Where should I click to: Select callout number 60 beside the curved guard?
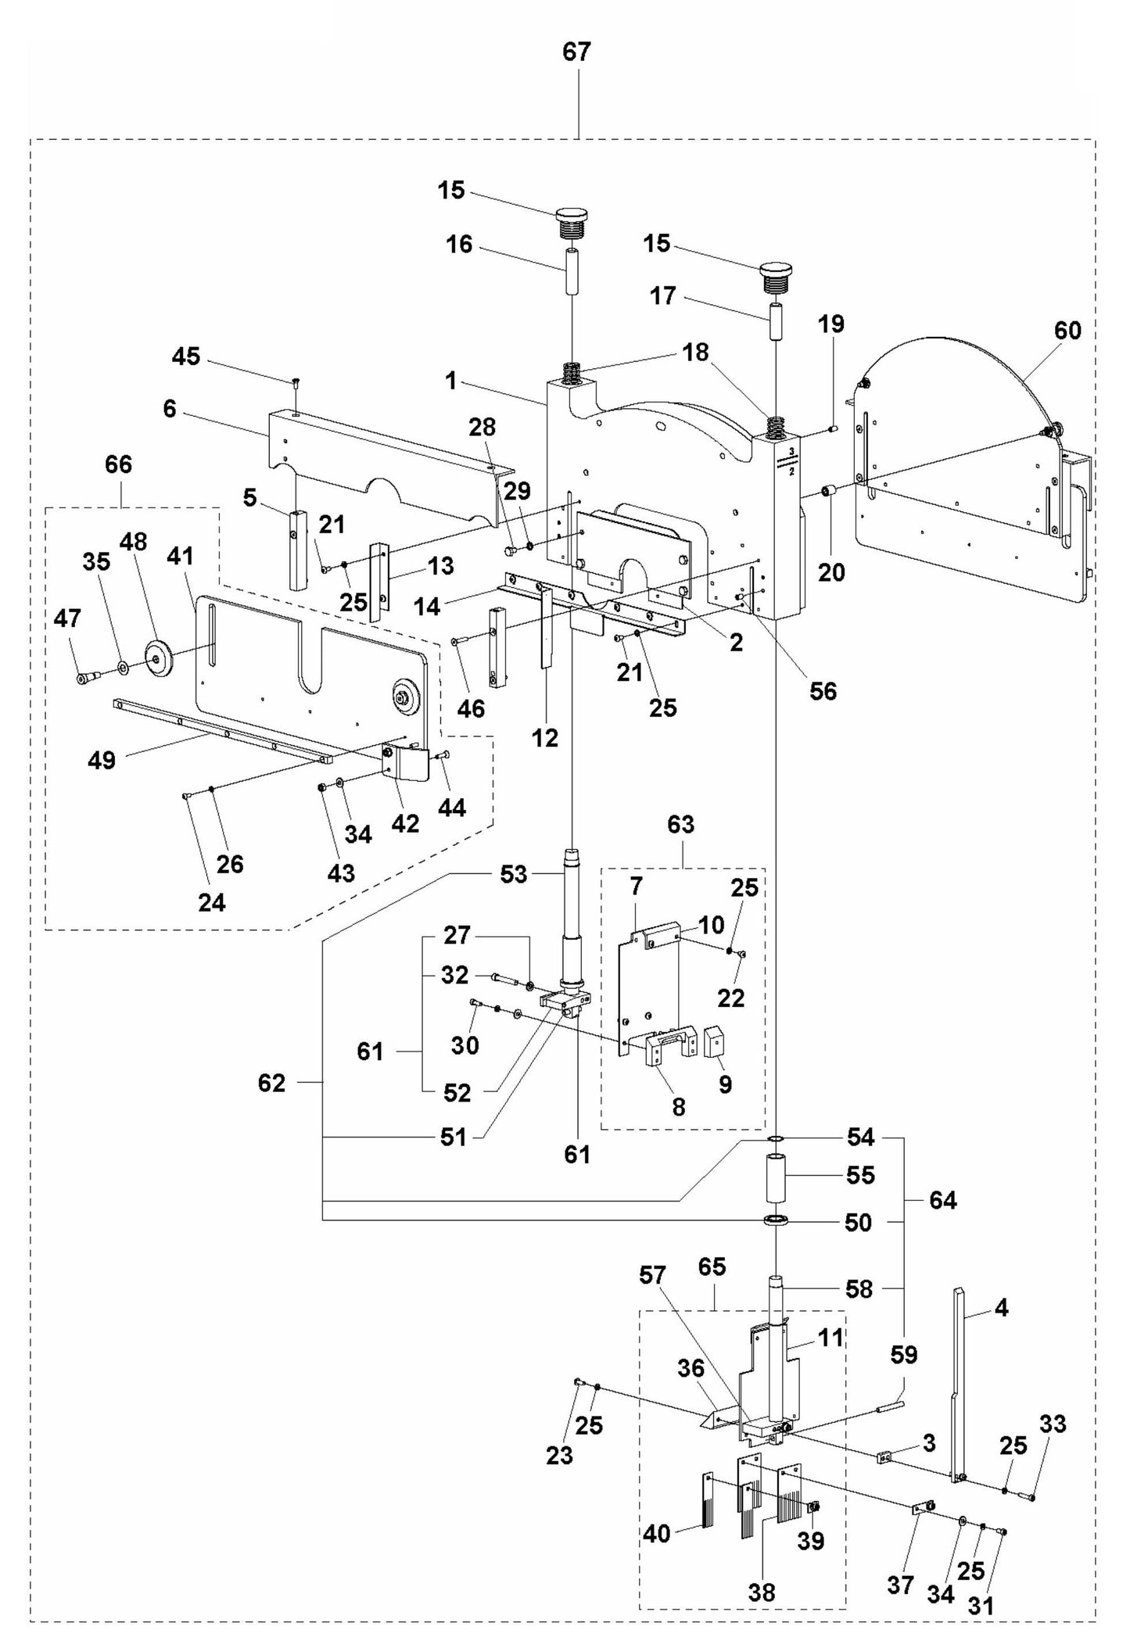[1067, 331]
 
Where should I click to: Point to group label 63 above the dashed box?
[680, 825]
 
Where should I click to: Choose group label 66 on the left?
[118, 464]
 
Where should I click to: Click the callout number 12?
[545, 737]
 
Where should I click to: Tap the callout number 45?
[186, 356]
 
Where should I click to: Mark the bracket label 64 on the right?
[942, 1199]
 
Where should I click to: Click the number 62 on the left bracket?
[271, 1083]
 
